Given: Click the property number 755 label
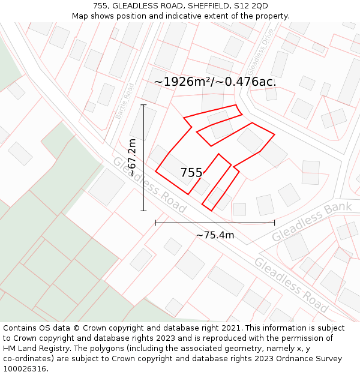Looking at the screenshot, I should click(191, 173).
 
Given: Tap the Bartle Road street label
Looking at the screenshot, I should click(125, 101).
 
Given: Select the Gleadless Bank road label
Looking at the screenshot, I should click(312, 222).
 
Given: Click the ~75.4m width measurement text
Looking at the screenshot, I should click(215, 235).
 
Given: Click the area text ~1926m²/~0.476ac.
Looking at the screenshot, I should click(215, 82).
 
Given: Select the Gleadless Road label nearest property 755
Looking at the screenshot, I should click(149, 185).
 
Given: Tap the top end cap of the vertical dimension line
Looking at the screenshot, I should click(143, 105).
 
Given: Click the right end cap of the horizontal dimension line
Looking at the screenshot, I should click(274, 223).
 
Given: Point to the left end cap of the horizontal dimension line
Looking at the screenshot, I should click(156, 223).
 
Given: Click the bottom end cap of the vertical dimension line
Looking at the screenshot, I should click(143, 211).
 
